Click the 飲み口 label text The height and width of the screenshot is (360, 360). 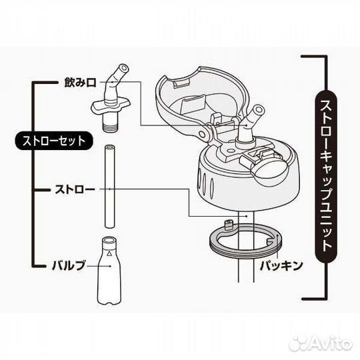(x=80, y=83)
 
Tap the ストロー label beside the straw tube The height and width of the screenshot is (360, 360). (x=75, y=189)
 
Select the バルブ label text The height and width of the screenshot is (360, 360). (x=69, y=265)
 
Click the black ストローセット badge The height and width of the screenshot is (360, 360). (x=54, y=141)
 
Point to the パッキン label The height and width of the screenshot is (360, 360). (x=281, y=265)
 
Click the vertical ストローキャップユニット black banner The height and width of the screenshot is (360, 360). (x=326, y=176)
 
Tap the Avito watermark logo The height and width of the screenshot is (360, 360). (x=321, y=344)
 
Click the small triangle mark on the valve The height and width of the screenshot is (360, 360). (x=109, y=253)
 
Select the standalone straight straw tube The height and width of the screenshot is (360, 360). (x=110, y=186)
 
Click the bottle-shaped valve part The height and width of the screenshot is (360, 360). (x=109, y=271)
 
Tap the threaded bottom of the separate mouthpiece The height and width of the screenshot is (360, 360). (x=110, y=127)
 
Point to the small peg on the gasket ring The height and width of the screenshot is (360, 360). (x=228, y=224)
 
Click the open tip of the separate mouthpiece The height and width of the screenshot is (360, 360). (x=124, y=68)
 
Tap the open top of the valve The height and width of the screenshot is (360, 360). (x=109, y=241)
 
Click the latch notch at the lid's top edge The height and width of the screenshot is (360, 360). (x=181, y=83)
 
